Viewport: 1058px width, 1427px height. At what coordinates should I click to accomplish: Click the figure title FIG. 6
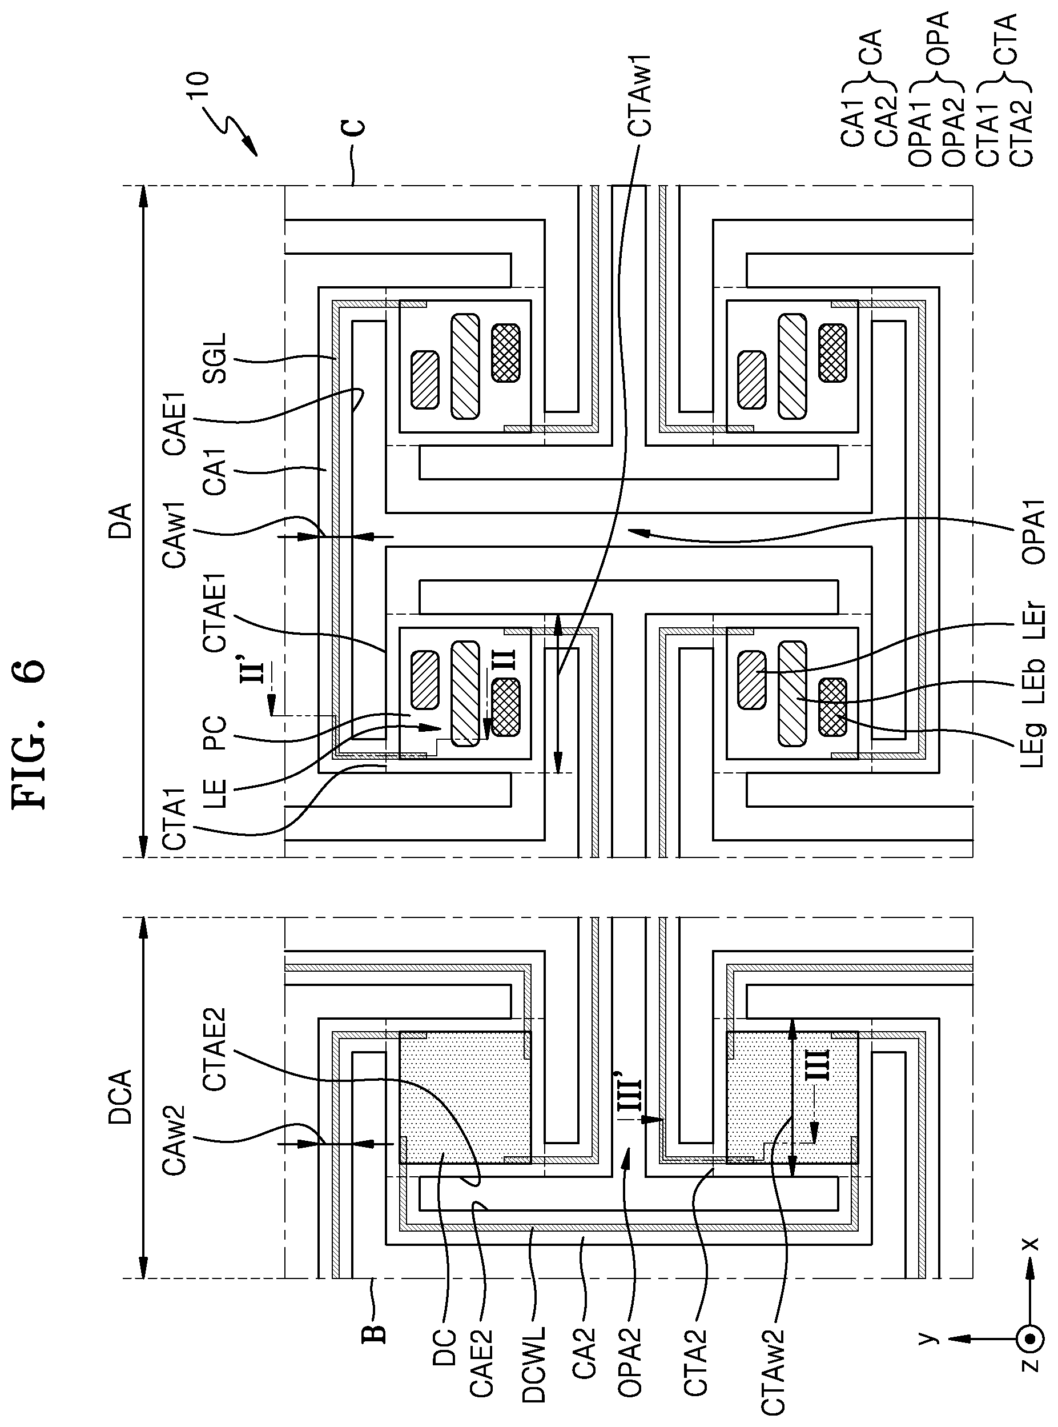30,733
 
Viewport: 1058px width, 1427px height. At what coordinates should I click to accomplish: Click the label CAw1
174,534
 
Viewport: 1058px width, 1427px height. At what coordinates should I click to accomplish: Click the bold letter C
356,127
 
